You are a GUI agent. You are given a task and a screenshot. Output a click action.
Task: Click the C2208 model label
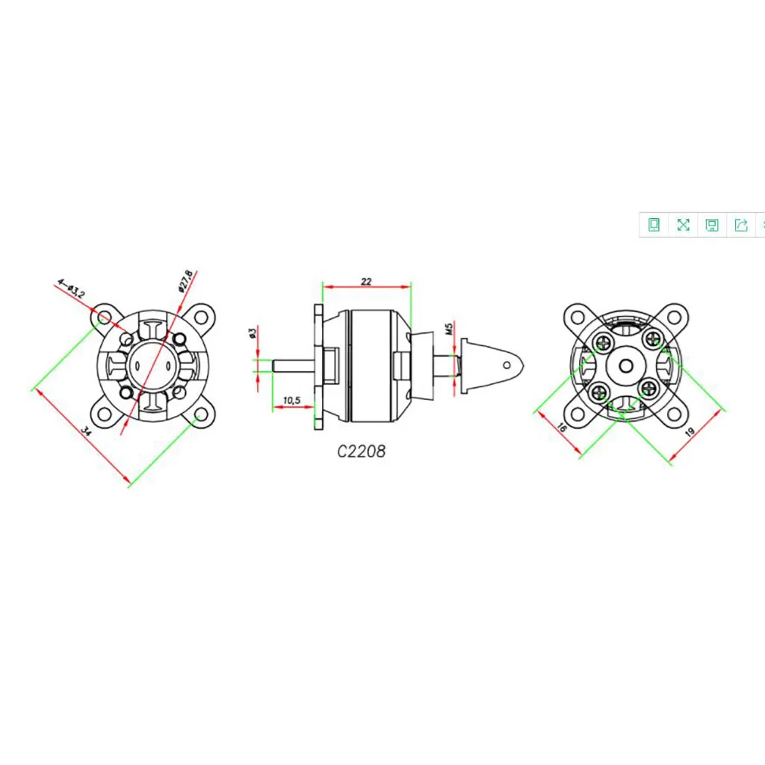361,451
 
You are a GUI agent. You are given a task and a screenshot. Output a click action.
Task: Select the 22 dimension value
366,282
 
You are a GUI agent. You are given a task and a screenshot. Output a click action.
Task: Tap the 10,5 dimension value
292,400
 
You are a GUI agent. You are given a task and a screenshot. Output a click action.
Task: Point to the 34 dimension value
85,431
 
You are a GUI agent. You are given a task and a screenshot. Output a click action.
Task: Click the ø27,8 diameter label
186,281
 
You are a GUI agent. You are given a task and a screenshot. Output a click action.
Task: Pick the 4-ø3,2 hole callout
71,288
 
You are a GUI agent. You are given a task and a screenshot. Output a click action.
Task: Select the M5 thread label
449,328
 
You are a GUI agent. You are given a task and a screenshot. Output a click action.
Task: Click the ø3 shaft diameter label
253,333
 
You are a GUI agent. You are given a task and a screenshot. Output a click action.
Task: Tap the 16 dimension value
562,427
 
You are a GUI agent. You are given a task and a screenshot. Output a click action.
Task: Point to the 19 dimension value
690,432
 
